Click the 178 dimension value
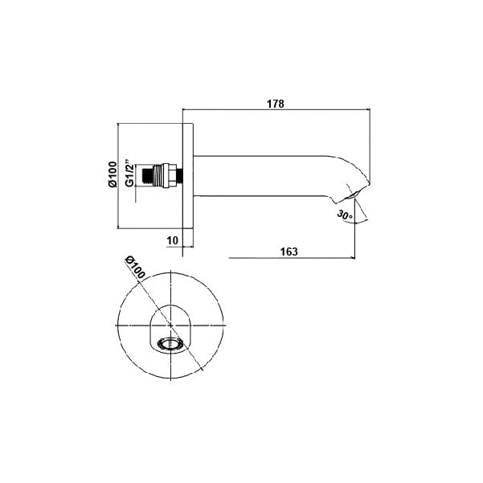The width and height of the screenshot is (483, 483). pyautogui.click(x=276, y=104)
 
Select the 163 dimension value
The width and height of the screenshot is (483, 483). pyautogui.click(x=289, y=252)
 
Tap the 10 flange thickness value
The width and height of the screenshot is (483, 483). pyautogui.click(x=173, y=240)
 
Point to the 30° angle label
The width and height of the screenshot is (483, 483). pyautogui.click(x=345, y=215)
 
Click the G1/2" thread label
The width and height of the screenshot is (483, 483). pyautogui.click(x=130, y=173)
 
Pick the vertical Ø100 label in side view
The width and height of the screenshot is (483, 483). pyautogui.click(x=113, y=174)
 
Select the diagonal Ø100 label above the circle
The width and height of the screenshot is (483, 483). pyautogui.click(x=134, y=268)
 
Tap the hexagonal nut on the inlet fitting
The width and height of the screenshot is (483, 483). pyautogui.click(x=170, y=175)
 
